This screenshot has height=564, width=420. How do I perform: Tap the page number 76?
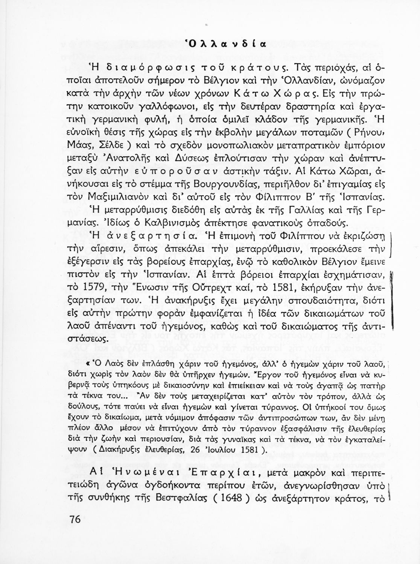(75, 520)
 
